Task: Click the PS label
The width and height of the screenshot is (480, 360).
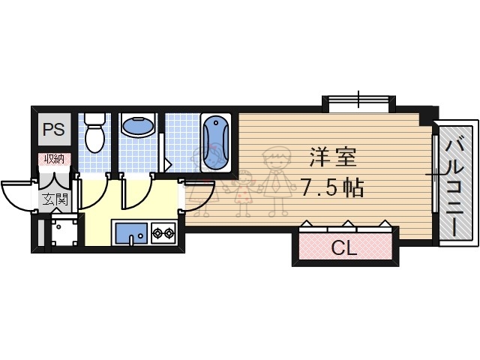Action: [53, 129]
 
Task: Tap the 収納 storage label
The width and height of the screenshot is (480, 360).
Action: [54, 158]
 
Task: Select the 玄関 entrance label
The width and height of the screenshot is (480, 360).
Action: [52, 199]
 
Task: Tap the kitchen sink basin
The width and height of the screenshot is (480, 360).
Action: [130, 232]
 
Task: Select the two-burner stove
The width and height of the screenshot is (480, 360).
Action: [162, 233]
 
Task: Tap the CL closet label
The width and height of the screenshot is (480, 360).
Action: [344, 247]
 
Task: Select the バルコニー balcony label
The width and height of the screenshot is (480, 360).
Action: [456, 182]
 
